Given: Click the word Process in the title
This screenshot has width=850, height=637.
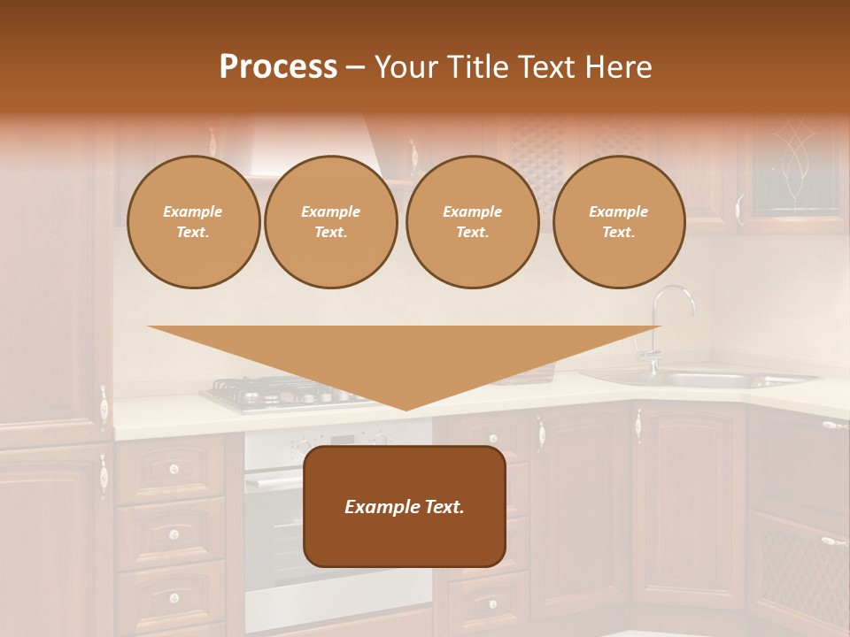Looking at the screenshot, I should click(278, 67).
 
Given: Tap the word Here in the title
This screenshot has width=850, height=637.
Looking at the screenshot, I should click(619, 67).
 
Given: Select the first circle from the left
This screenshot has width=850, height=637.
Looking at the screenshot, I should click(193, 222).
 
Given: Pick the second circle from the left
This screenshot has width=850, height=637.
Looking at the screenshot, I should click(331, 222).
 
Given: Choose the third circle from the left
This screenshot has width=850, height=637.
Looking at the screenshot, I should click(473, 222).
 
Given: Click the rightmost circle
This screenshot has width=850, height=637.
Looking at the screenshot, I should click(619, 222).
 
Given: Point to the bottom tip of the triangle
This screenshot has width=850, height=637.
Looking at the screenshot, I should click(406, 409).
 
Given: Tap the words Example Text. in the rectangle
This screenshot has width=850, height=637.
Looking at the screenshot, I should click(405, 507).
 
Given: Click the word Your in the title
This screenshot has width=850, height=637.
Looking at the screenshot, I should click(406, 67).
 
